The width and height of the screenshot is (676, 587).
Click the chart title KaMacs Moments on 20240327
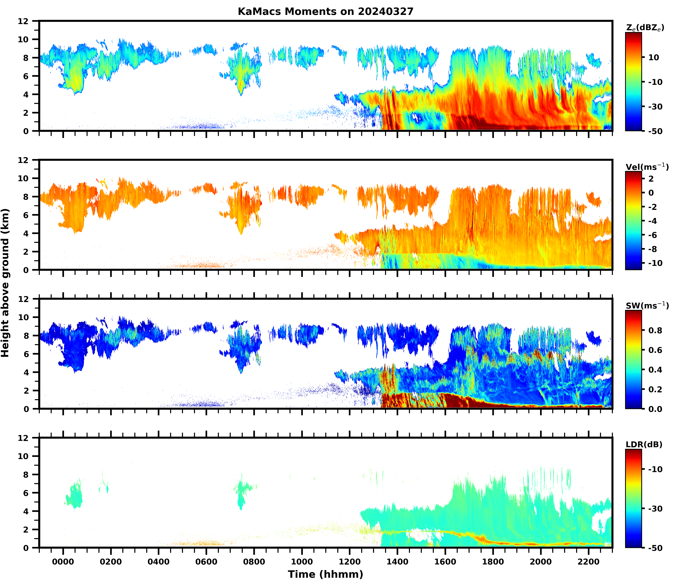pyautogui.click(x=325, y=11)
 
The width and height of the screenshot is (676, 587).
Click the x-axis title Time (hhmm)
pyautogui.click(x=325, y=574)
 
